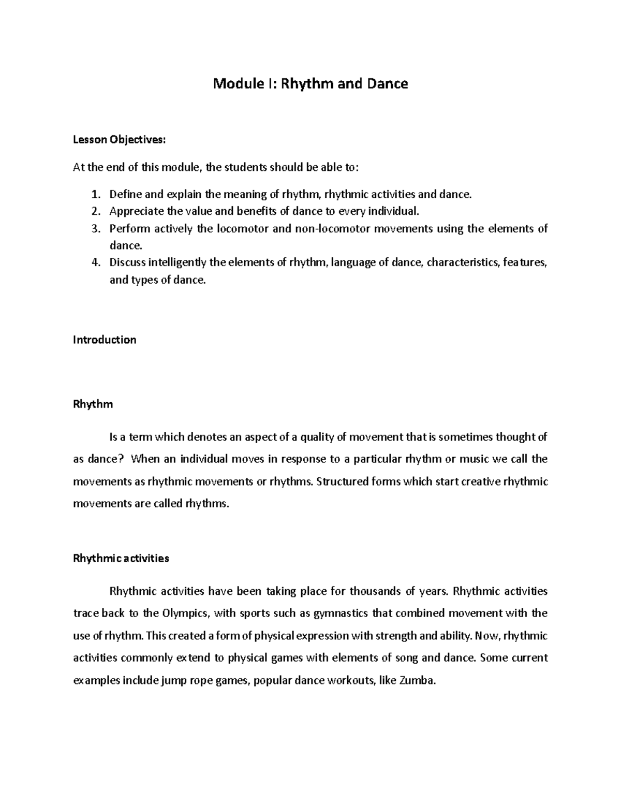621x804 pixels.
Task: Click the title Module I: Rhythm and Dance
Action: [x=310, y=84]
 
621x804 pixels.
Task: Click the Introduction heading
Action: [x=105, y=340]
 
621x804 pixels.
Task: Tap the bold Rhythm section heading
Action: [x=93, y=405]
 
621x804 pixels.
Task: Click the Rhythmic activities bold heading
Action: [x=121, y=559]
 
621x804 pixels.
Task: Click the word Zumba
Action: [x=418, y=681]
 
